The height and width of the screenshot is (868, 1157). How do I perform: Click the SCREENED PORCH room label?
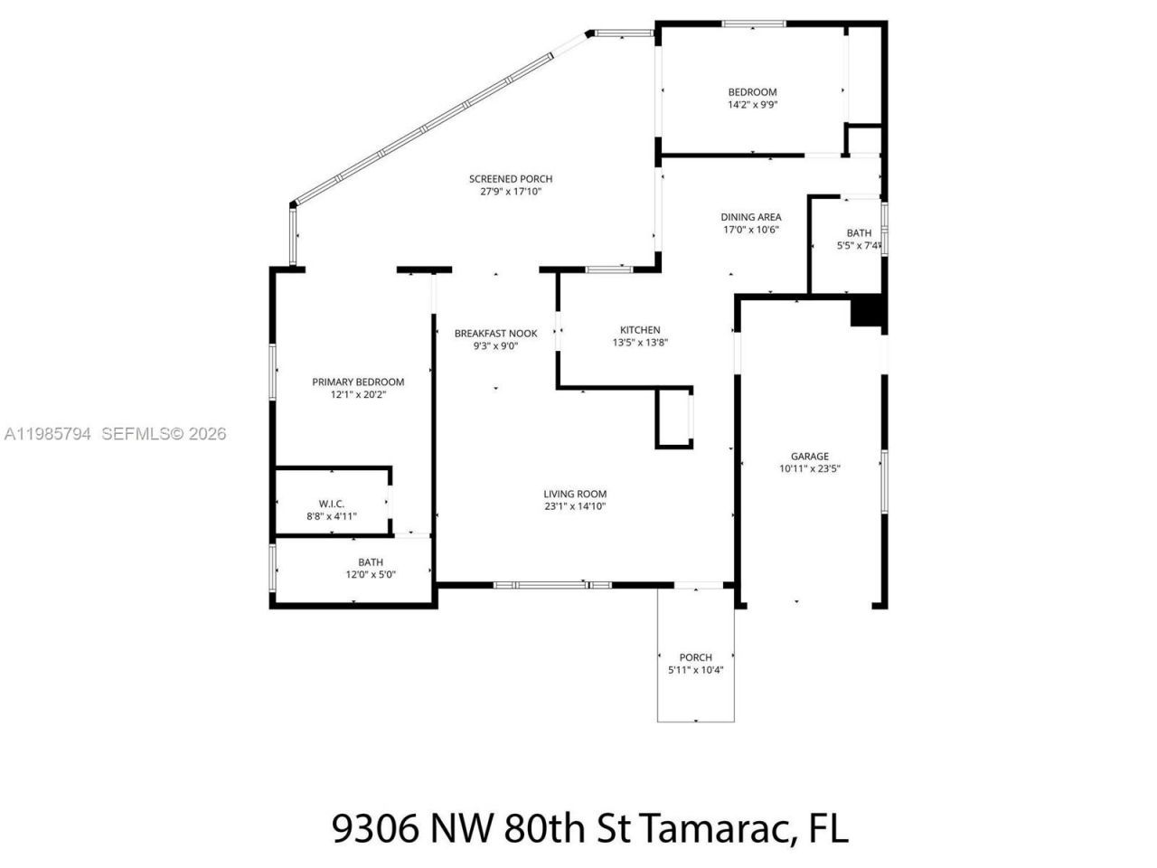pyautogui.click(x=510, y=179)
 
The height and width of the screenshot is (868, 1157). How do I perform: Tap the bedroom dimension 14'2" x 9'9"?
pyautogui.click(x=753, y=105)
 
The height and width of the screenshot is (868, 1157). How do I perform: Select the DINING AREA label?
pyautogui.click(x=750, y=217)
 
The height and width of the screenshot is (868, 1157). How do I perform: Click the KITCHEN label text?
pyautogui.click(x=639, y=330)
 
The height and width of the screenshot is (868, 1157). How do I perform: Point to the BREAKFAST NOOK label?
pyautogui.click(x=495, y=334)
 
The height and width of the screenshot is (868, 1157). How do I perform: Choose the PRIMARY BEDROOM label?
pyautogui.click(x=358, y=382)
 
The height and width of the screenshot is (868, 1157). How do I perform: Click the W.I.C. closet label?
pyautogui.click(x=332, y=504)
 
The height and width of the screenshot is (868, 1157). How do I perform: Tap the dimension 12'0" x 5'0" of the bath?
pyautogui.click(x=371, y=574)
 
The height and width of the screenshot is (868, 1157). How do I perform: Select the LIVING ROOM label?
pyautogui.click(x=574, y=494)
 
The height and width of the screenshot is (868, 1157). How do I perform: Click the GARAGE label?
pyautogui.click(x=809, y=457)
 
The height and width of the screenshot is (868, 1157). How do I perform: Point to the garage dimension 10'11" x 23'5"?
pyautogui.click(x=809, y=468)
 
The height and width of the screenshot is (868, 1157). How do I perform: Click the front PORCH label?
pyautogui.click(x=695, y=657)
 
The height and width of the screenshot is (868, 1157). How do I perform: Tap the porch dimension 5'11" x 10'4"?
pyautogui.click(x=695, y=670)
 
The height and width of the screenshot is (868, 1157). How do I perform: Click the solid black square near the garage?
pyautogui.click(x=867, y=311)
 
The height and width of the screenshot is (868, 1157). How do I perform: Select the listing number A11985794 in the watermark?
pyautogui.click(x=48, y=434)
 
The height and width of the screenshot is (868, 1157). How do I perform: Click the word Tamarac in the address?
pyautogui.click(x=713, y=828)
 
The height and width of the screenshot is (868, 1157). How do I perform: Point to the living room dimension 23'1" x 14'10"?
pyautogui.click(x=574, y=506)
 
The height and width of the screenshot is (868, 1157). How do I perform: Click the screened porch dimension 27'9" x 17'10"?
pyautogui.click(x=510, y=192)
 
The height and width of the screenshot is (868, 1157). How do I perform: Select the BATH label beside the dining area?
pyautogui.click(x=859, y=233)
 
